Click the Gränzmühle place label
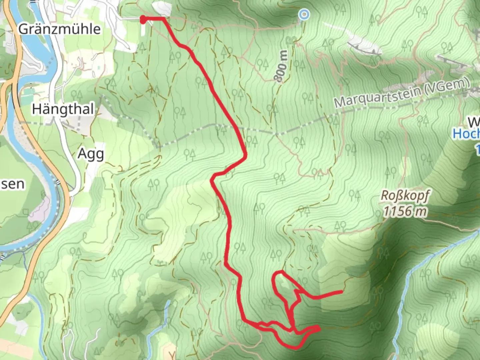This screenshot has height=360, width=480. click(59, 29)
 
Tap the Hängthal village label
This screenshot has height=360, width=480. click(63, 109)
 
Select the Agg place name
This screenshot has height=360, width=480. click(91, 154)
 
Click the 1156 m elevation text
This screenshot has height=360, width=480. click(405, 211)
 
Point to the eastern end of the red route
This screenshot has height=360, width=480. click(341, 292)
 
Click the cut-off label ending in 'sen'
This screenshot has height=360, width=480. click(12, 184)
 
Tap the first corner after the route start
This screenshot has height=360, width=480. click(164, 19)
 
